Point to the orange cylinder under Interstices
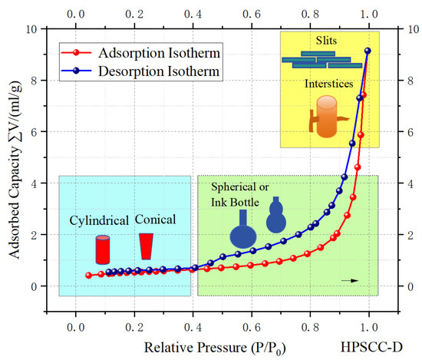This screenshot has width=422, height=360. (326, 117)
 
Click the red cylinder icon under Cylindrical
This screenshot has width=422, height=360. (102, 249)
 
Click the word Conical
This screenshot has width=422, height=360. (156, 220)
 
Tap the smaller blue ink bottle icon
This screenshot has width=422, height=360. (277, 214)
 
